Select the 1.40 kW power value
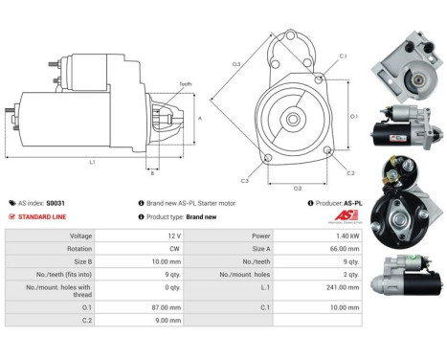[x=326, y=235]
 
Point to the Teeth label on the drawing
[x=185, y=85]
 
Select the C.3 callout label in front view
[x=245, y=180]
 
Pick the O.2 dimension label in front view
[x=298, y=188]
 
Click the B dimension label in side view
[x=151, y=173]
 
